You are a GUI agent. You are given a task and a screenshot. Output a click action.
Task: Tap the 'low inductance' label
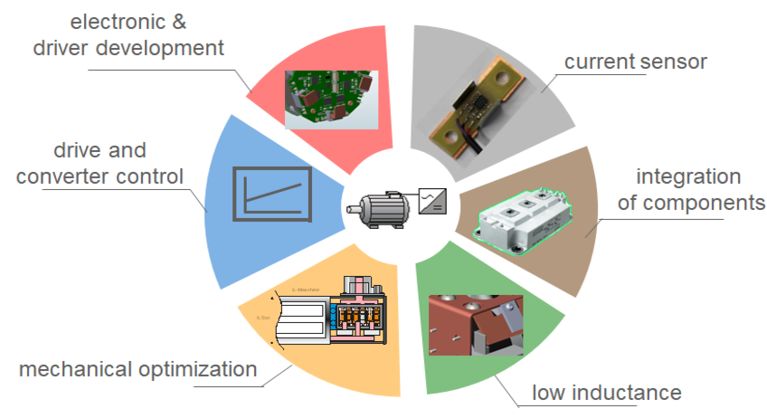point(605,392)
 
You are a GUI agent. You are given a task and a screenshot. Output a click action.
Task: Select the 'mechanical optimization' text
point(138,369)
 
